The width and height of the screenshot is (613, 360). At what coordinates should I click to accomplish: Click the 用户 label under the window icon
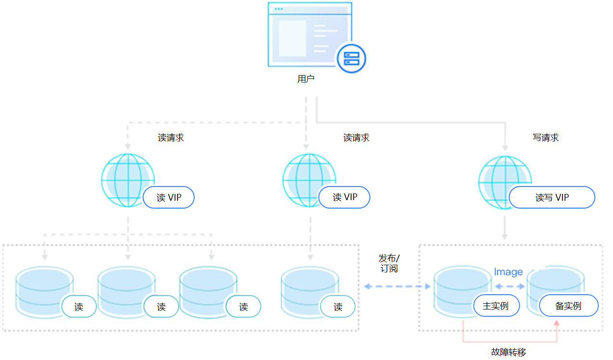(x=306, y=79)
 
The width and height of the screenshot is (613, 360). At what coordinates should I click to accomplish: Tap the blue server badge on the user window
(x=351, y=58)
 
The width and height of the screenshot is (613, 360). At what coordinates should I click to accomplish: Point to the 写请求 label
(x=546, y=138)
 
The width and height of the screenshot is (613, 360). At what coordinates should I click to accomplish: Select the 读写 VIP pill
(x=552, y=197)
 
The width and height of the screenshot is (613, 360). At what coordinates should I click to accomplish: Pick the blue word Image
(x=508, y=272)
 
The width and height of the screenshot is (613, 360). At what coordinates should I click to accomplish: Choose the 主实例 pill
(x=496, y=306)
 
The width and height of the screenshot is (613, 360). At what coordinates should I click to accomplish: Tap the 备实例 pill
(x=568, y=306)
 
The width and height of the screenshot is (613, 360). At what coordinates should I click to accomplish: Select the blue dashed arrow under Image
(x=511, y=286)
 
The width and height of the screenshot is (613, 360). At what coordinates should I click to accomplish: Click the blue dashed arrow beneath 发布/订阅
(x=397, y=286)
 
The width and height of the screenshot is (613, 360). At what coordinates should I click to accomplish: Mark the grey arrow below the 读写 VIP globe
(x=505, y=229)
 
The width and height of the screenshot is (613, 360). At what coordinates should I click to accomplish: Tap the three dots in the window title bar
(x=279, y=9)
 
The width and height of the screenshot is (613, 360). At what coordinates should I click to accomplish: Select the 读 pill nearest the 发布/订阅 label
(x=338, y=307)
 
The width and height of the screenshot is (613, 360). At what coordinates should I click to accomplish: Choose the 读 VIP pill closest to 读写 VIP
(x=345, y=197)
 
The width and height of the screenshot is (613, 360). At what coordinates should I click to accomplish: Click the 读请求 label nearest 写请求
(x=356, y=138)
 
